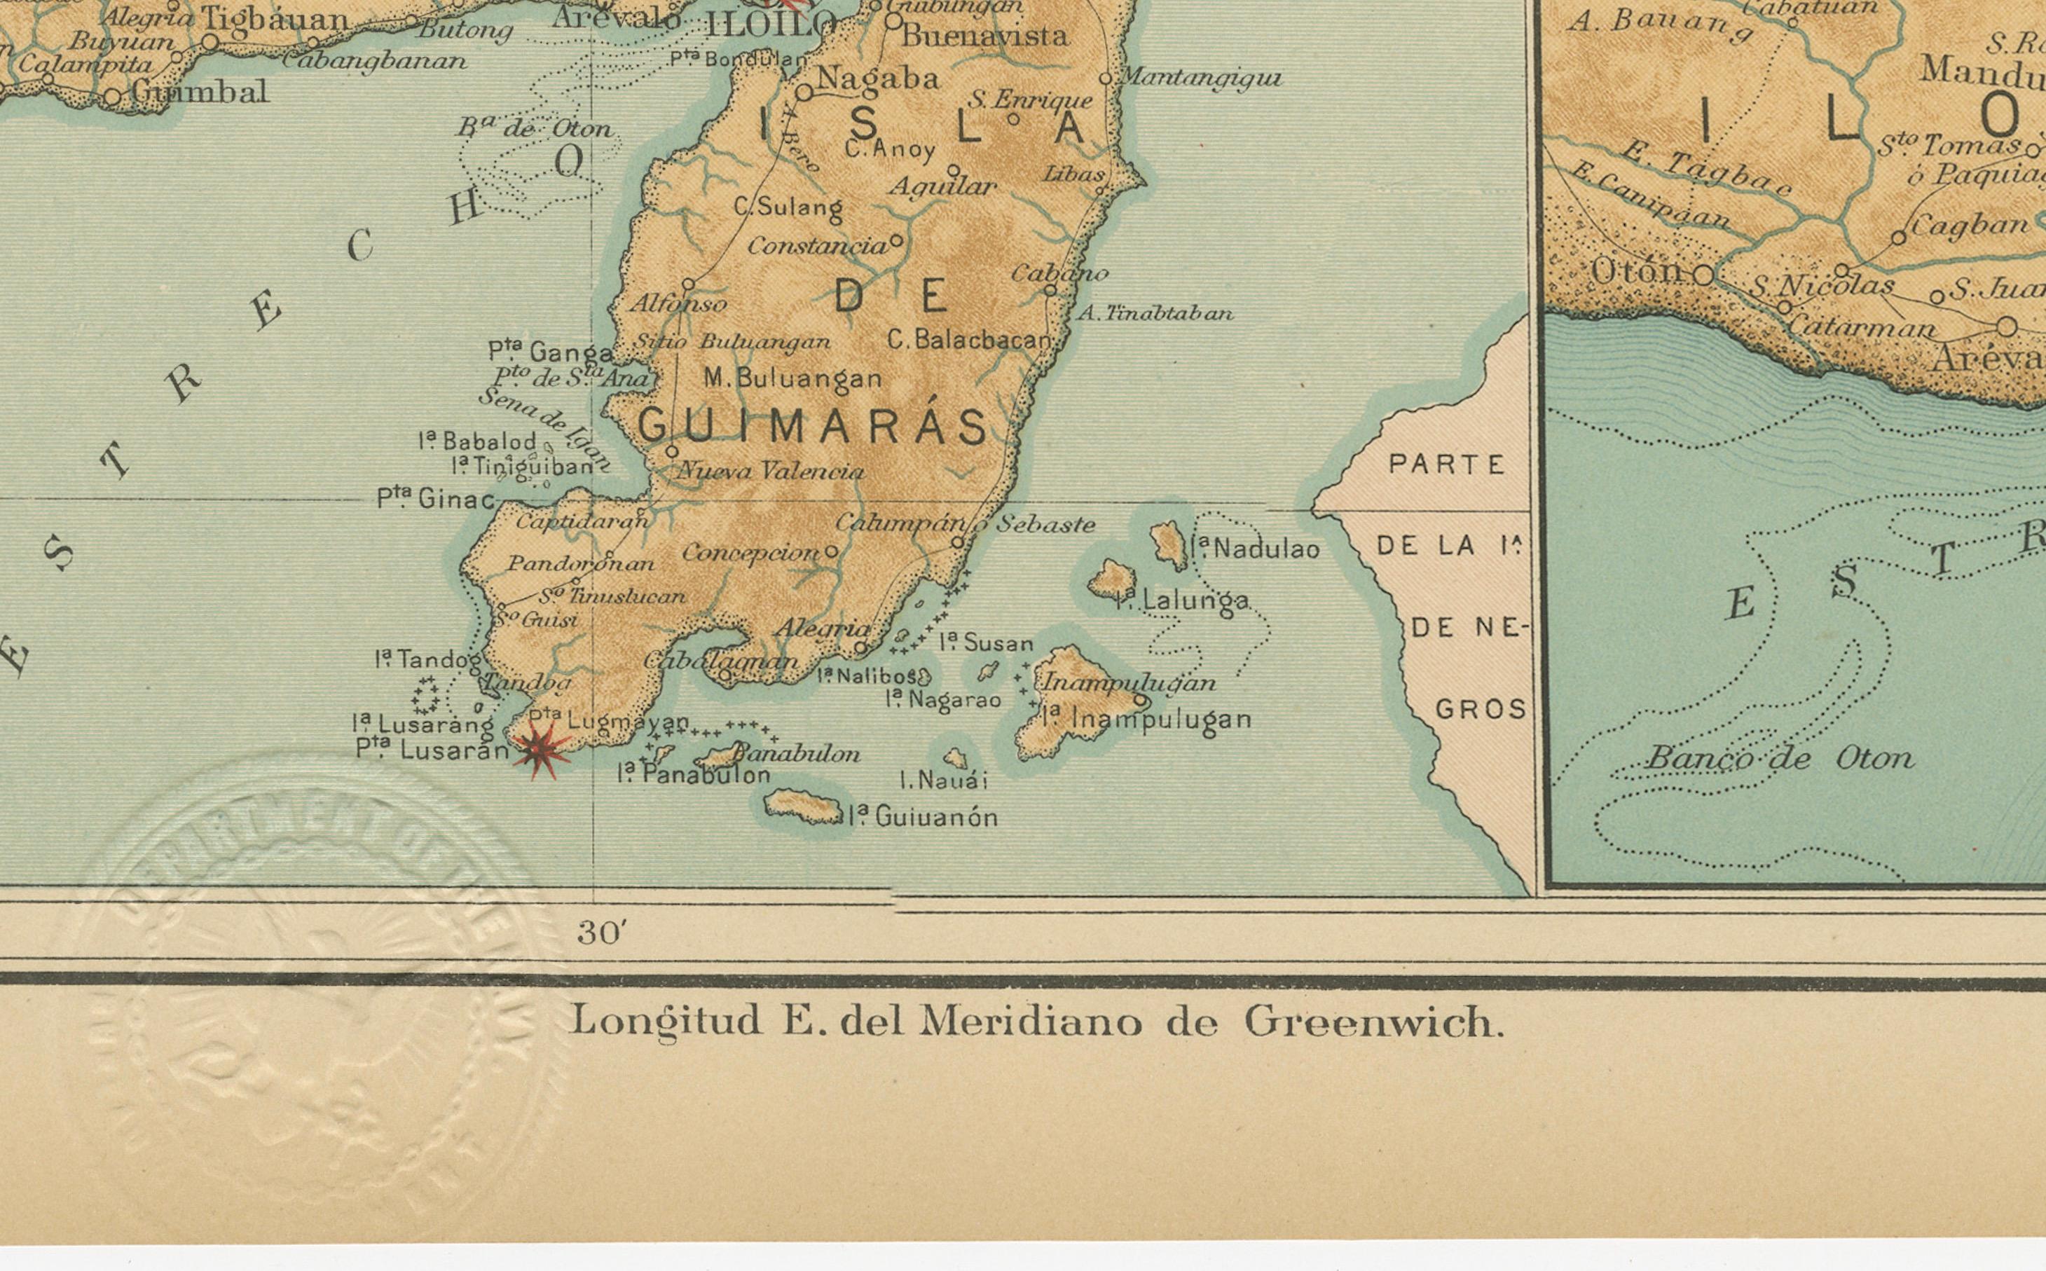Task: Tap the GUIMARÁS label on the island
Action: (813, 426)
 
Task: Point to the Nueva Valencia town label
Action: (770, 472)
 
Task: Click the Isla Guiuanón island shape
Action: (803, 808)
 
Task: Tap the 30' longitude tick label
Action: (602, 933)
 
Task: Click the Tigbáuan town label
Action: (275, 18)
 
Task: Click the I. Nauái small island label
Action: (943, 781)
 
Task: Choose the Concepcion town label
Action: (750, 553)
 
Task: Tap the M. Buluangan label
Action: (792, 379)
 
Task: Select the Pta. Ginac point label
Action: (434, 500)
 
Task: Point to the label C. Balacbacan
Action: (969, 340)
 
